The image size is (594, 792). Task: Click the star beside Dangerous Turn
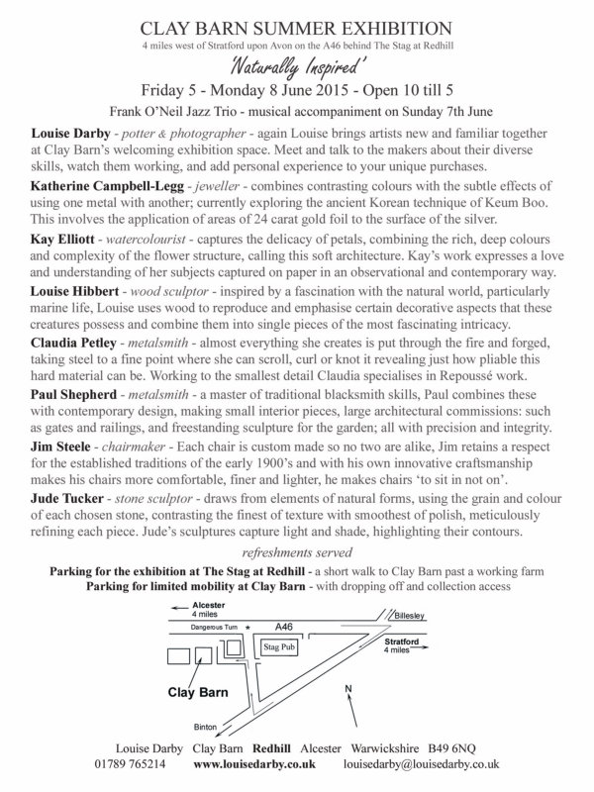coord(247,627)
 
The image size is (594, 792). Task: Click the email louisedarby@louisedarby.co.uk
coord(420,765)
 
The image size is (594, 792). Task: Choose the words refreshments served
coord(297,550)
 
